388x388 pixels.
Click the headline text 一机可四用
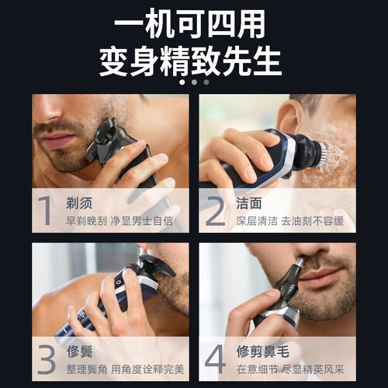[x=190, y=25]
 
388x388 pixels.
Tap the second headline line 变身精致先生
[x=190, y=61]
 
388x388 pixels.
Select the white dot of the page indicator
[x=182, y=82]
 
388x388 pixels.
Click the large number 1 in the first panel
[x=46, y=210]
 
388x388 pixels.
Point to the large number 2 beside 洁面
[x=216, y=211]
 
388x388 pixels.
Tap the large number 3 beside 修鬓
[x=47, y=359]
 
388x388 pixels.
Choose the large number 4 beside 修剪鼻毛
[x=215, y=359]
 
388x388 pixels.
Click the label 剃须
[x=79, y=203]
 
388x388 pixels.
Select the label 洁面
[x=249, y=203]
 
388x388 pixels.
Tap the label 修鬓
[x=80, y=352]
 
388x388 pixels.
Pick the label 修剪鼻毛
[x=262, y=352]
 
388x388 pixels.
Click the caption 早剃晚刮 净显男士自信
[x=120, y=221]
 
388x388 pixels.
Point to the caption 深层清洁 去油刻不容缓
[x=289, y=221]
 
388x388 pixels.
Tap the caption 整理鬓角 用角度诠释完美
[x=125, y=369]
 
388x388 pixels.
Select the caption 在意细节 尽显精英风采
[x=290, y=369]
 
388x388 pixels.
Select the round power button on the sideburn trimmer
[x=119, y=282]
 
